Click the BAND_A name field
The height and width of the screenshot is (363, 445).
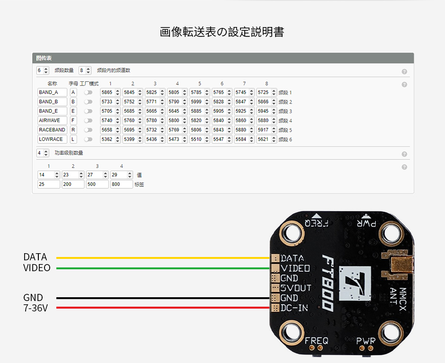click(52, 92)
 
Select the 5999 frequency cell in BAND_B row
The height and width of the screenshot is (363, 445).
click(200, 102)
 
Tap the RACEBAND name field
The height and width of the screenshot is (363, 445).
click(52, 130)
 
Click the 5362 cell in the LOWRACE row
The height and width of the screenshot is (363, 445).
click(110, 139)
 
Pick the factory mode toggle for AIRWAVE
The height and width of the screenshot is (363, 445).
click(88, 120)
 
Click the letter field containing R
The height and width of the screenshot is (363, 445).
click(73, 130)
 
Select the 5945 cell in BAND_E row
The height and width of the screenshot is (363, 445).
click(267, 111)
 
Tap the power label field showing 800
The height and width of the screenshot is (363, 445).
click(122, 184)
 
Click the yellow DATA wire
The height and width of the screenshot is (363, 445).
click(163, 258)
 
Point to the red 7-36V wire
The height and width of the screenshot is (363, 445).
click(163, 308)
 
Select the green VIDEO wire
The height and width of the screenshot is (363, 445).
click(163, 268)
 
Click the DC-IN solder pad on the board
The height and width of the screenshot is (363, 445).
click(276, 308)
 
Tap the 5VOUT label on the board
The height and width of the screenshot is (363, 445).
click(296, 288)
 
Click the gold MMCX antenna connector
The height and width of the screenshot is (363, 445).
click(400, 265)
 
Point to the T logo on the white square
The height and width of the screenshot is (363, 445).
click(355, 283)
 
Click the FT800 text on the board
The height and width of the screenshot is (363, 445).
click(328, 283)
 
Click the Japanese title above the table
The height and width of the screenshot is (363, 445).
click(222, 32)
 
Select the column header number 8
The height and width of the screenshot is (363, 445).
click(267, 83)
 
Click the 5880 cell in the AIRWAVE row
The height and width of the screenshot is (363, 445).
click(267, 120)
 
